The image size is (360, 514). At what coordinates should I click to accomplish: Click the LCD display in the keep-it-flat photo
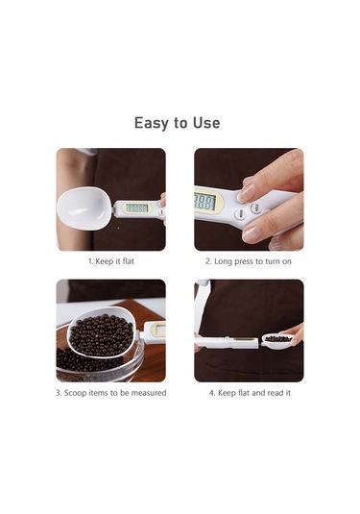(137, 208)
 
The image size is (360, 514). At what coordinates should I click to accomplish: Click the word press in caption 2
(249, 260)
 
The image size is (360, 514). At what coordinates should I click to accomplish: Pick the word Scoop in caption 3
(76, 393)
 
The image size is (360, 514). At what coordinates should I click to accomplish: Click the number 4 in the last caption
(211, 393)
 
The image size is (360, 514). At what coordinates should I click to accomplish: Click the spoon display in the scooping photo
(157, 329)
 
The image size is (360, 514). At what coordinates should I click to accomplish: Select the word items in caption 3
(100, 393)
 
